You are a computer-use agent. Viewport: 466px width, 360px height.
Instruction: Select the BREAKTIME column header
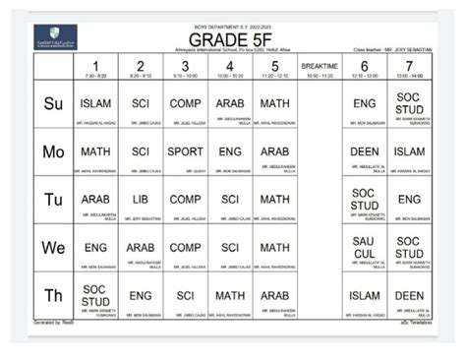click(x=320, y=68)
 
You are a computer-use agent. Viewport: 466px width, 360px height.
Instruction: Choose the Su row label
click(x=52, y=103)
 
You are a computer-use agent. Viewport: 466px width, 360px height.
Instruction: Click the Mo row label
click(x=52, y=151)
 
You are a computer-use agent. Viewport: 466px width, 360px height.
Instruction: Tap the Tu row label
click(x=52, y=200)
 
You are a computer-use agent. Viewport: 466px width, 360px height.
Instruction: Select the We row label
click(x=52, y=248)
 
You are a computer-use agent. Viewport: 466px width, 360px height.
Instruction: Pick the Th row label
click(x=52, y=295)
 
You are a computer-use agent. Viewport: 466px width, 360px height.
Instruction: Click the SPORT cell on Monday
click(x=185, y=151)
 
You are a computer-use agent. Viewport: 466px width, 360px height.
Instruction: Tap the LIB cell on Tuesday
click(x=141, y=199)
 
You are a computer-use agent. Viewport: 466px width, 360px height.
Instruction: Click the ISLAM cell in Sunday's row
click(x=95, y=102)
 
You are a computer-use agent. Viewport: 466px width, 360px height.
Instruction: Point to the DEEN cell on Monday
click(x=364, y=151)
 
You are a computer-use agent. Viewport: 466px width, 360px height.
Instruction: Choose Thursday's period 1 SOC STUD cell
click(x=95, y=294)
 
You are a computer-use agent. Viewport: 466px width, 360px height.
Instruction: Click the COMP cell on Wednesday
click(x=185, y=247)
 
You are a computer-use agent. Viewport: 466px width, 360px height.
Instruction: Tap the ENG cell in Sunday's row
click(x=364, y=102)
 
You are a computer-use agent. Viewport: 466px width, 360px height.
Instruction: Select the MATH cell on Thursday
click(x=230, y=294)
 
